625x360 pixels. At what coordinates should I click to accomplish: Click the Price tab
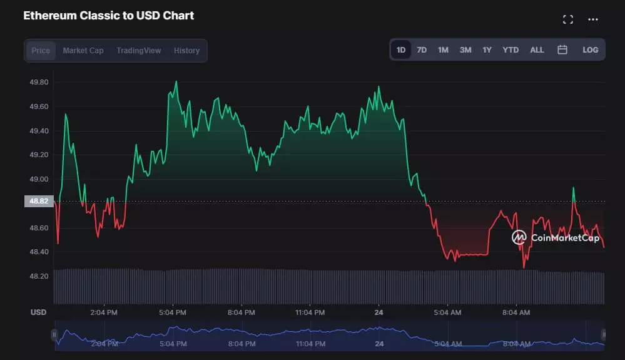coord(41,51)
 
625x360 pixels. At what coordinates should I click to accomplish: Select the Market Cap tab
coord(83,51)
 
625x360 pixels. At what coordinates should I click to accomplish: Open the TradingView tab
coord(138,51)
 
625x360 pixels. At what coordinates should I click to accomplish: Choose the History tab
coord(186,51)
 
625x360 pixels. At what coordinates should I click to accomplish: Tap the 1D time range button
coord(401,50)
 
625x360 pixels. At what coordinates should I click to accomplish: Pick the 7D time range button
coord(422,50)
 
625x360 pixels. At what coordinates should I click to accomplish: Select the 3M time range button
coord(465,50)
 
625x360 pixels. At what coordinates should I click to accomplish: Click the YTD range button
coord(511,50)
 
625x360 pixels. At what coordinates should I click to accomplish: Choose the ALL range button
coord(537,50)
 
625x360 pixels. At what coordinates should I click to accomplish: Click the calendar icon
coord(562,50)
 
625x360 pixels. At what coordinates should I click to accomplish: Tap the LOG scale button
coord(590,50)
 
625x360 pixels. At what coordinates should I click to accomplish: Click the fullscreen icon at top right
coord(568,19)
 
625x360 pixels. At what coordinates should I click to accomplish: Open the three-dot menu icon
coord(593,19)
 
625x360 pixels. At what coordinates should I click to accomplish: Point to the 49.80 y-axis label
coord(39,82)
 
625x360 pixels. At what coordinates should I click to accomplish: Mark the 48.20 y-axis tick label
coord(39,275)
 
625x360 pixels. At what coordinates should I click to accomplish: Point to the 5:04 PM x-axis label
coord(172,312)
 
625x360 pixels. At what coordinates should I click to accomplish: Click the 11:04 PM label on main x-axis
coord(310,312)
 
